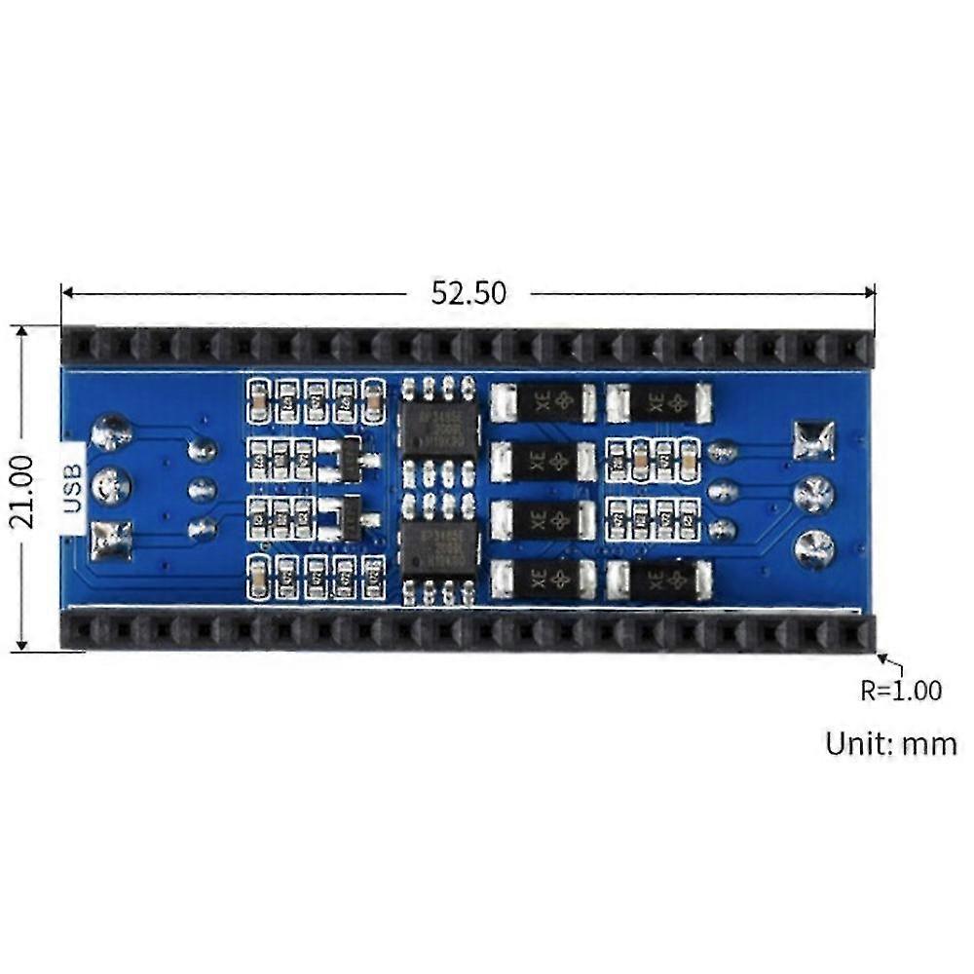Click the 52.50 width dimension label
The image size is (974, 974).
(x=469, y=293)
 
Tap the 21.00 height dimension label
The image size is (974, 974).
(x=22, y=491)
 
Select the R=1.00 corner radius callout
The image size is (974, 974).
(x=900, y=691)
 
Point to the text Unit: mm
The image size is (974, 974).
(x=890, y=744)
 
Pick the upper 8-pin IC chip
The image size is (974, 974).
(x=438, y=426)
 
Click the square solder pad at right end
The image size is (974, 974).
(x=814, y=439)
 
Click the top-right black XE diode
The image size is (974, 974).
(x=657, y=401)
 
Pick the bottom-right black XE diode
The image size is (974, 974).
(x=657, y=581)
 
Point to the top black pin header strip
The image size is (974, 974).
(x=468, y=347)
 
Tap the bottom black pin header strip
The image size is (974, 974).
(x=468, y=631)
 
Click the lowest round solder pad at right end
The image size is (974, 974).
(x=814, y=548)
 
